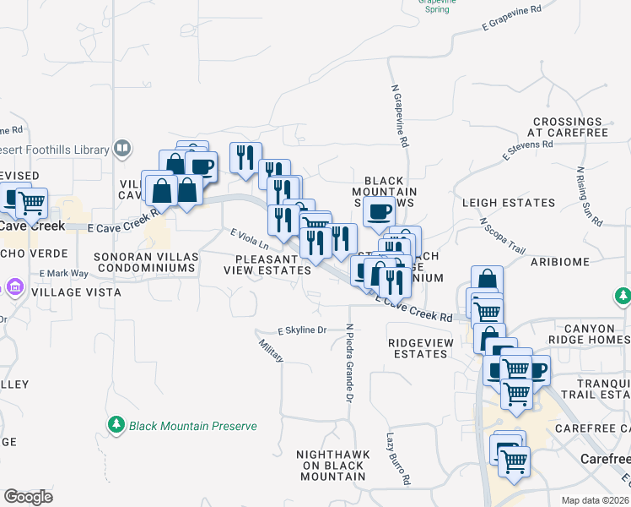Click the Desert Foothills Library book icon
(123, 149)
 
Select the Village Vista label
(76, 292)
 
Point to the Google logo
(28, 497)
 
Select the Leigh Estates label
(509, 203)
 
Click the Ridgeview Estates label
(418, 347)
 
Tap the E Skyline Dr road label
(301, 330)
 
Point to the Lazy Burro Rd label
(397, 460)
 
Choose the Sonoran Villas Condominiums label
(145, 261)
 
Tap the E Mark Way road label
(63, 274)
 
